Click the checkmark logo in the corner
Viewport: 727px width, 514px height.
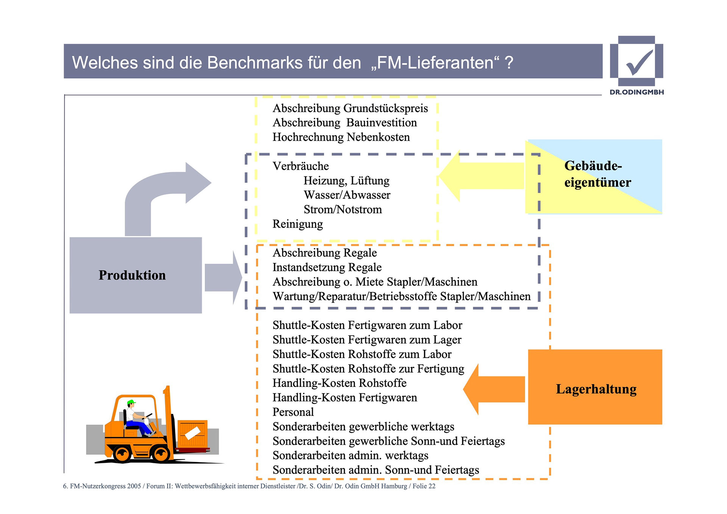click(x=637, y=61)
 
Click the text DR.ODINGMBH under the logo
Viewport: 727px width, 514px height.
click(x=637, y=92)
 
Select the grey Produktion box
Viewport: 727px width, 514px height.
click(x=136, y=275)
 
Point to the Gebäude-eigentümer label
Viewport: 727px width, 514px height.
click(x=597, y=174)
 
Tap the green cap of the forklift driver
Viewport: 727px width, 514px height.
click(x=131, y=402)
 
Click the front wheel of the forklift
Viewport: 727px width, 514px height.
click(x=161, y=453)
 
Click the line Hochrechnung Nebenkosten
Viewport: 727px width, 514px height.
click(x=341, y=137)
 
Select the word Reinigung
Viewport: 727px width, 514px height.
click(x=298, y=224)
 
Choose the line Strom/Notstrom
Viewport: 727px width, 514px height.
click(x=343, y=209)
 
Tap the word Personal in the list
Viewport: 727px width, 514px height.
click(x=293, y=412)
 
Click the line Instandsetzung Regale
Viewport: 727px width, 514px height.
click(x=327, y=267)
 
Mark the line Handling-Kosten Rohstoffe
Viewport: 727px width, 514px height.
click(x=339, y=383)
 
